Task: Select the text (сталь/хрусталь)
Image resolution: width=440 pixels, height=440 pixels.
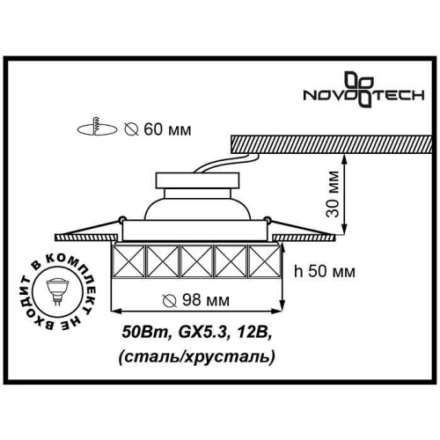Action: [194, 356]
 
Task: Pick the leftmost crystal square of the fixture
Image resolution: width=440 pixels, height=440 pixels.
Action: [130, 263]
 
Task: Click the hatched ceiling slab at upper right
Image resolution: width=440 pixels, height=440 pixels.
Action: [326, 141]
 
